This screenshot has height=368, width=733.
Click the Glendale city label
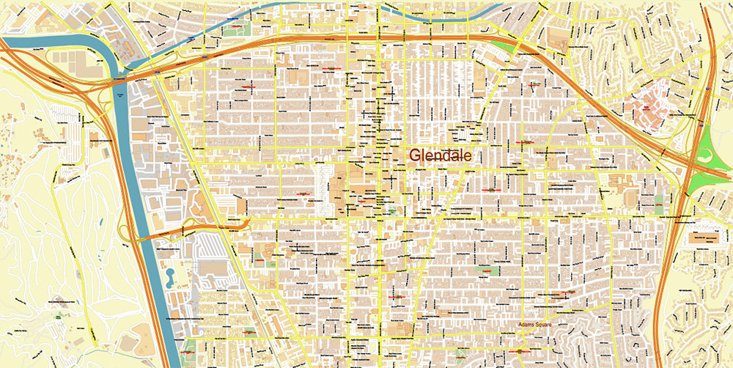(x=440, y=155)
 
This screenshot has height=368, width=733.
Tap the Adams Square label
(x=531, y=323)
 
